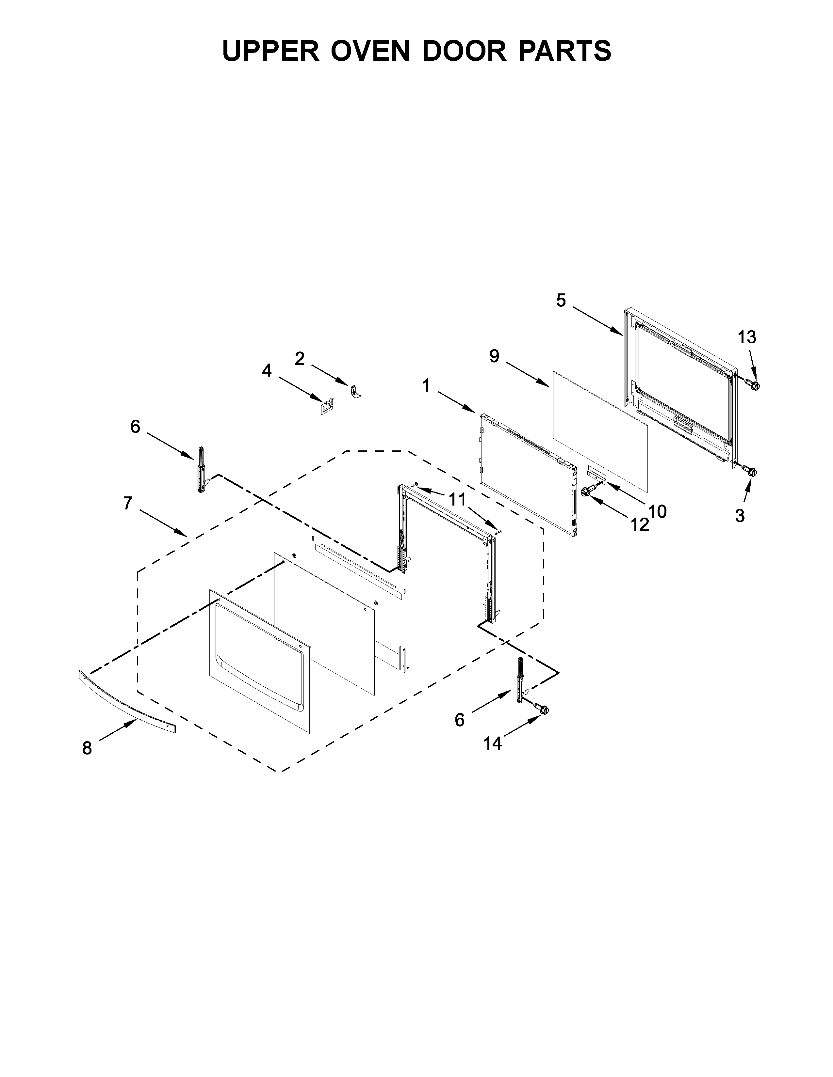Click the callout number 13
[747, 337]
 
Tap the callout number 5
[561, 300]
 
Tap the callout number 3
[740, 516]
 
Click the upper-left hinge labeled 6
[201, 469]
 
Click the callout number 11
[457, 500]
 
